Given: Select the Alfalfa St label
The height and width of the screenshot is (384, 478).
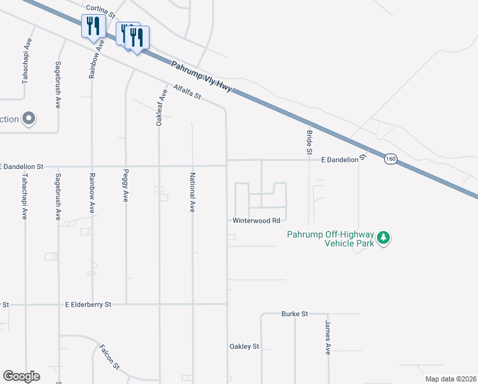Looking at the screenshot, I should click(x=187, y=92).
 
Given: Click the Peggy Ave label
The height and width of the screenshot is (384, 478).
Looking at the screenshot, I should click(x=125, y=186).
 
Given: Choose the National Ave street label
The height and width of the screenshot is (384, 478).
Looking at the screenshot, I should click(x=192, y=192).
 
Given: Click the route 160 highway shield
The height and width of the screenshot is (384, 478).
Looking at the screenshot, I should click(x=390, y=159).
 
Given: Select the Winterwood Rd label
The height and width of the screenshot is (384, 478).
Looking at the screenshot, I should click(x=256, y=221).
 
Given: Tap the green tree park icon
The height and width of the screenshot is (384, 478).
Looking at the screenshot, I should click(x=383, y=238).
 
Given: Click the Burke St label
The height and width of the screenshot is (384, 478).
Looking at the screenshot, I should click(x=295, y=314).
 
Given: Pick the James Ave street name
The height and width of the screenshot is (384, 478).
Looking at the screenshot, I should click(x=327, y=338).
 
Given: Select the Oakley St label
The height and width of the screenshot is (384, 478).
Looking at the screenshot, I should click(x=244, y=346).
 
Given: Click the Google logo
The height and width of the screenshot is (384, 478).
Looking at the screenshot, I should click(x=21, y=376).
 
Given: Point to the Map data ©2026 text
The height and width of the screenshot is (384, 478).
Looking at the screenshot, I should click(x=450, y=379).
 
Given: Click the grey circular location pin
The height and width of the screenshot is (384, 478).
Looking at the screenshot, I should click(x=28, y=118).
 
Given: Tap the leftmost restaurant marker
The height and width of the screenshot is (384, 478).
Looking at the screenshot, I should click(x=93, y=27).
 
